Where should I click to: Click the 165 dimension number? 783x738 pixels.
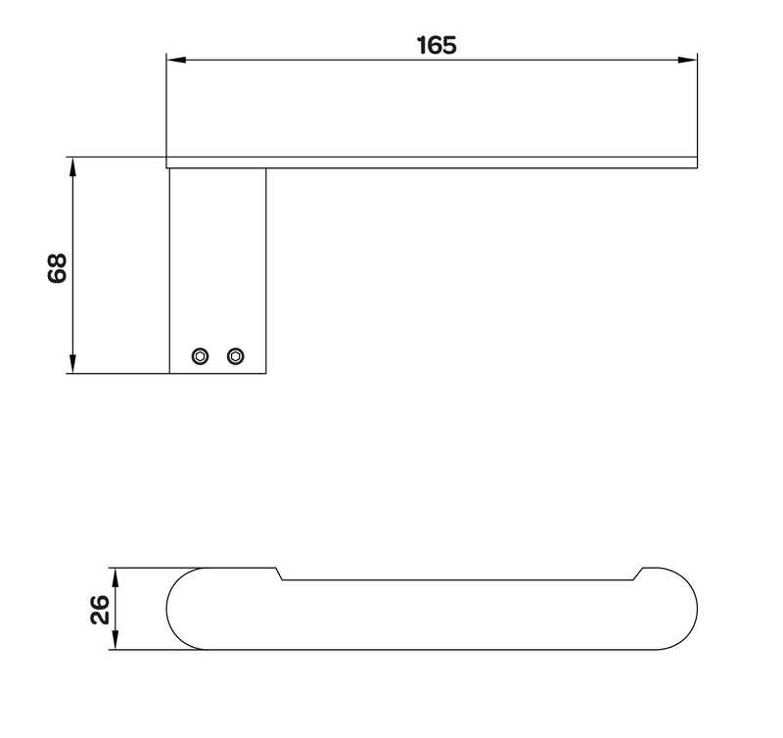tap(437, 45)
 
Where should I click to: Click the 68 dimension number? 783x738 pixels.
tap(58, 268)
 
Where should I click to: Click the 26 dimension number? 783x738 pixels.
tap(100, 609)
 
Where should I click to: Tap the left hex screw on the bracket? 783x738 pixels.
tap(201, 356)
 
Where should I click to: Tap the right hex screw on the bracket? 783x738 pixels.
tap(236, 356)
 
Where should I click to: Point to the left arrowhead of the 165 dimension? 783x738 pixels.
tap(176, 60)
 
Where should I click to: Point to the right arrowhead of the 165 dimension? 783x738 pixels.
tap(687, 60)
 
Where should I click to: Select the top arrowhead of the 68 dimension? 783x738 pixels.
tap(72, 166)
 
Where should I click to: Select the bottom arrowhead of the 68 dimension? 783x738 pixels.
tap(72, 363)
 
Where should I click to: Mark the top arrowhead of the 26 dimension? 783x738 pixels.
tap(115, 577)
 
